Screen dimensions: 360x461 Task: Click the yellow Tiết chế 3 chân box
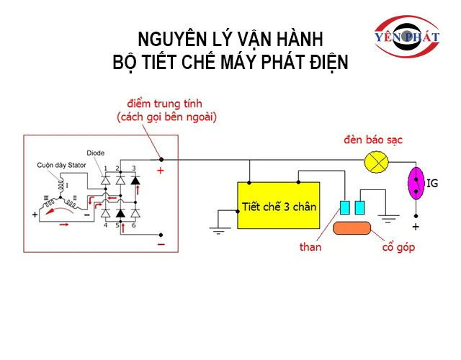click(x=278, y=207)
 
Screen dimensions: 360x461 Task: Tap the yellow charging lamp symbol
click(x=375, y=161)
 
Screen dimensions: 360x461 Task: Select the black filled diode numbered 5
click(x=120, y=213)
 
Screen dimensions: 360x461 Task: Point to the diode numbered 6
click(x=134, y=213)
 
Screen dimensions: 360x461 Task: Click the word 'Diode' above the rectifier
click(x=96, y=153)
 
